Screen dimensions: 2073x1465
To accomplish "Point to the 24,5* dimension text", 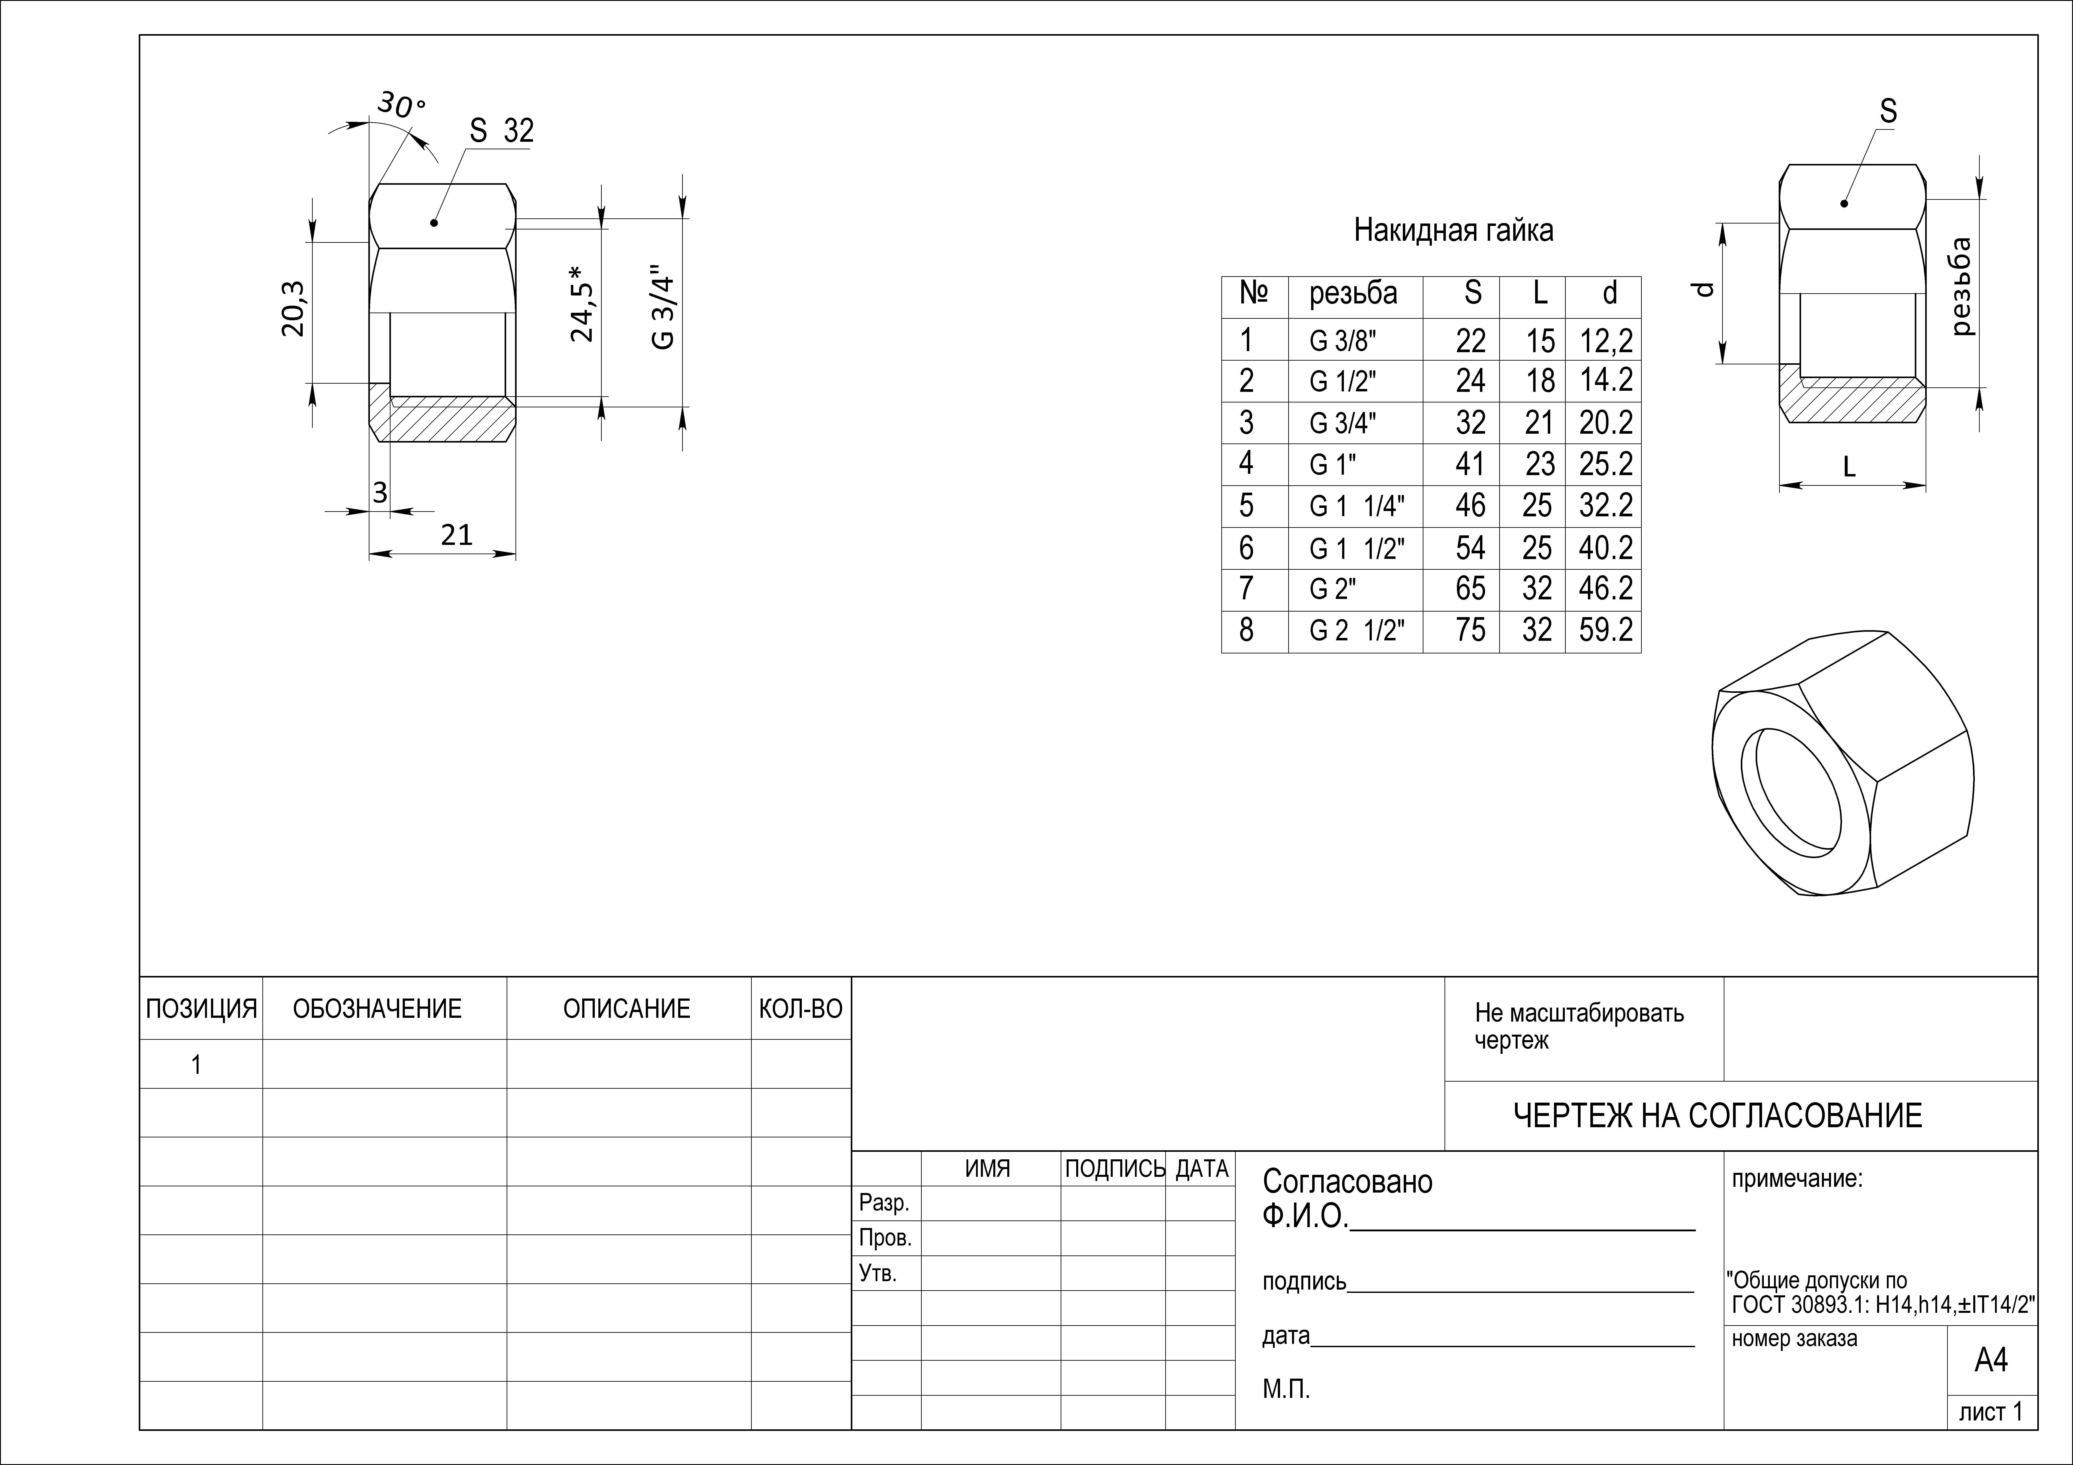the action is pos(582,303).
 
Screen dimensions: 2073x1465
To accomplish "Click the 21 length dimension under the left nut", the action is pos(457,535).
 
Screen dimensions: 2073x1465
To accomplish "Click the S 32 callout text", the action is pos(502,131).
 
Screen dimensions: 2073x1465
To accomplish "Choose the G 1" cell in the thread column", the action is pos(1333,465).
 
